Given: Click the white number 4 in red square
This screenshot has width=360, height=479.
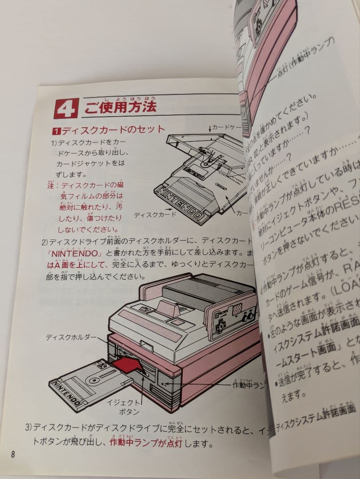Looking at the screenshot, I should (66, 109).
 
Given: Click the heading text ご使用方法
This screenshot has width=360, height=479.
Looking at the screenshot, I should (119, 106).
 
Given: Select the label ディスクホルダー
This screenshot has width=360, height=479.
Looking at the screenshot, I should (71, 338).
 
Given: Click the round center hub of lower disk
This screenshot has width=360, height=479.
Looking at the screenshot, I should (95, 379).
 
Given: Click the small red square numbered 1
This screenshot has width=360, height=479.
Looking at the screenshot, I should (56, 131).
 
